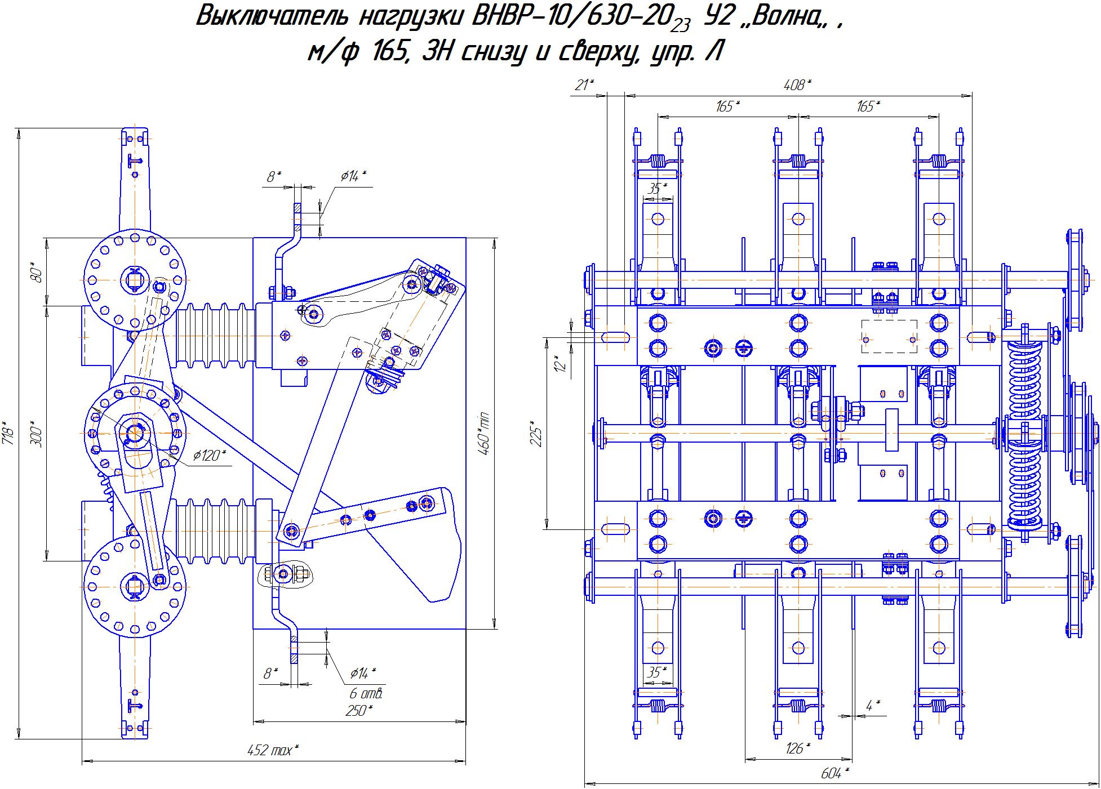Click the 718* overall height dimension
pyautogui.click(x=7, y=432)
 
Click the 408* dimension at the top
pyautogui.click(x=798, y=86)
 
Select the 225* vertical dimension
pyautogui.click(x=536, y=433)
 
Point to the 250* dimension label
pyautogui.click(x=359, y=710)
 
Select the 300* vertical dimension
pyautogui.click(x=36, y=433)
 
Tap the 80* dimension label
pyautogui.click(x=37, y=273)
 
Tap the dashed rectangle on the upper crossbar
pyautogui.click(x=889, y=337)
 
